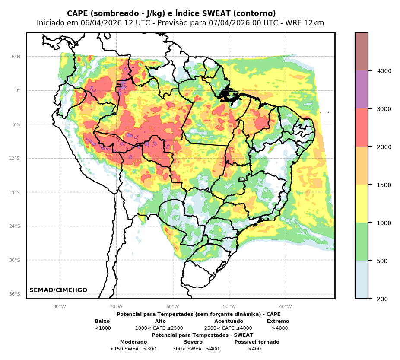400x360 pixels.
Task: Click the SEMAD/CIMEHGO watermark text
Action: coord(58,290)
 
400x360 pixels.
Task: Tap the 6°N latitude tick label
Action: coord(16,57)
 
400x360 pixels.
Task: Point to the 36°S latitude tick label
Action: coord(15,294)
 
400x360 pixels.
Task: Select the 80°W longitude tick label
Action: coord(60,307)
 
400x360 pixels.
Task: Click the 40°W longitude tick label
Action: coord(286,307)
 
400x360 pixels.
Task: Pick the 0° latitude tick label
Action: coord(18,90)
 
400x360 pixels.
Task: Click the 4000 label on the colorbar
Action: coord(384,71)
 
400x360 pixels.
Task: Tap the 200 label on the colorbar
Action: coord(382,299)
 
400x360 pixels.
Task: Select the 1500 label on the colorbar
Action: coord(384,185)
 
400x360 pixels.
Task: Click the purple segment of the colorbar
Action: coord(362,89)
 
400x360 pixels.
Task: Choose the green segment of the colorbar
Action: coord(362,242)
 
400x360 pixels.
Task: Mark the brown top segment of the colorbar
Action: coord(362,51)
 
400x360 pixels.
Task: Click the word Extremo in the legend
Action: coord(278,322)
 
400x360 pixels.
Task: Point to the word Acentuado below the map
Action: coord(229,322)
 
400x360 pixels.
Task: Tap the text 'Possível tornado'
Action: coord(257,342)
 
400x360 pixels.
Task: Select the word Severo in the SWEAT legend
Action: coord(193,342)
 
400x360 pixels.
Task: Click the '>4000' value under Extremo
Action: coord(279,328)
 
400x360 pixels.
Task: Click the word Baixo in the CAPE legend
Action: coord(102,322)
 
